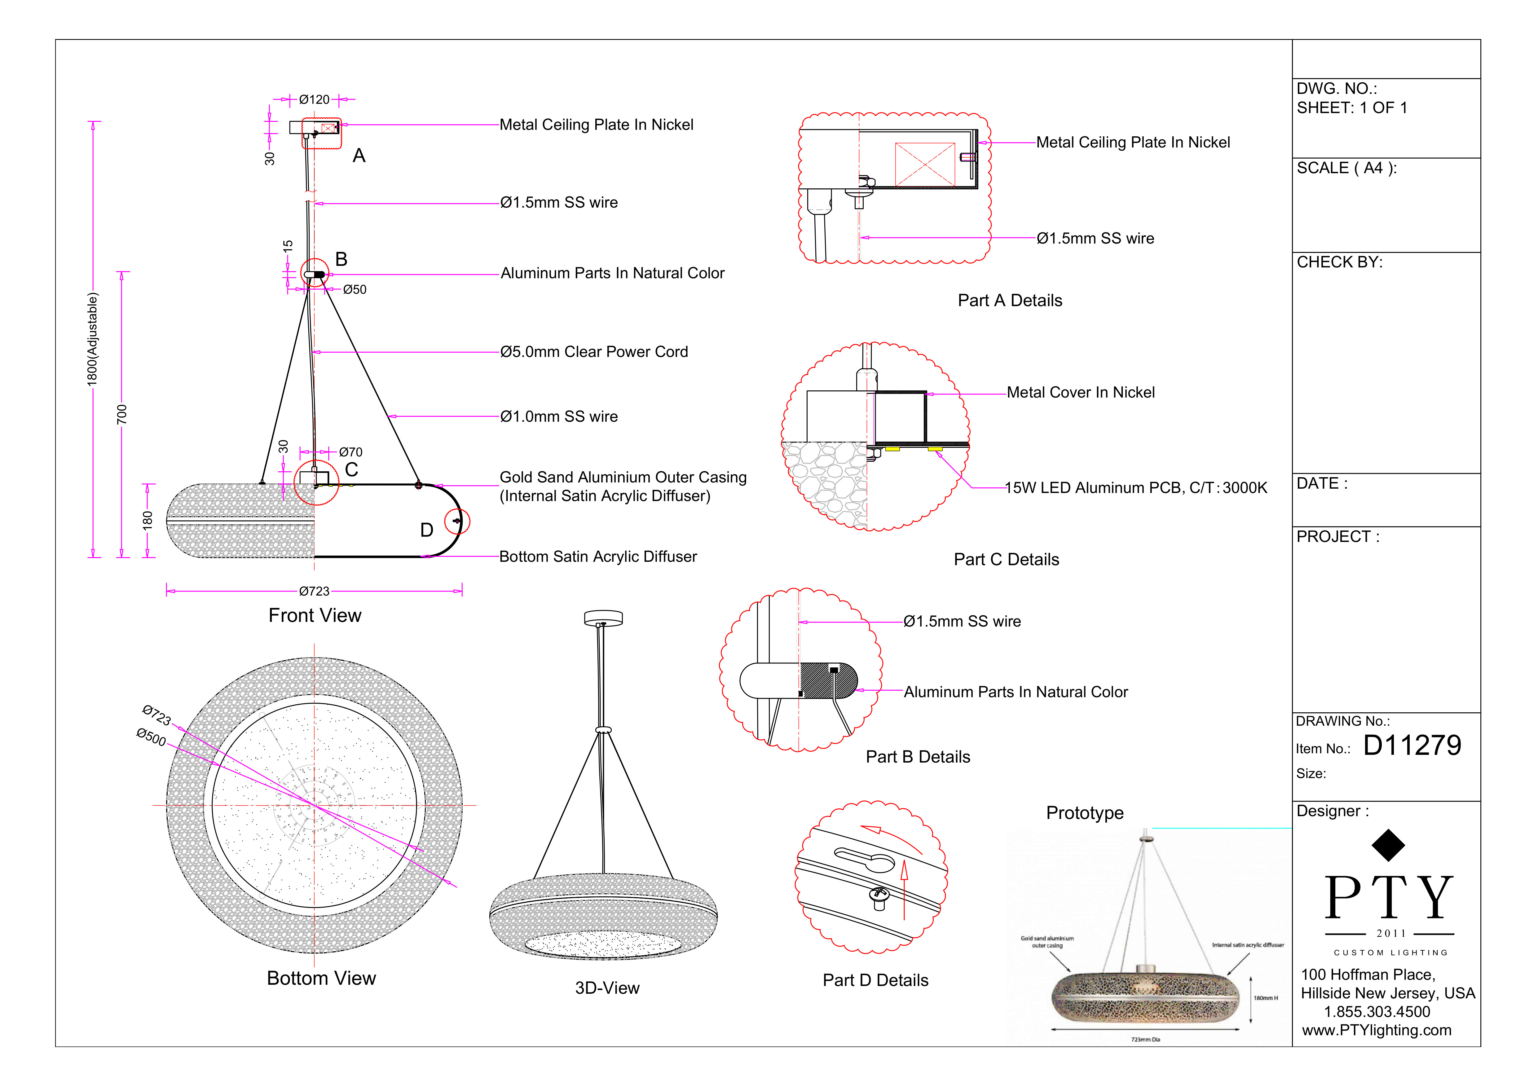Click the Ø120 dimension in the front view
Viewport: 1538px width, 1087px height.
314,100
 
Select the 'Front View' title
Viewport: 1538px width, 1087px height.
315,615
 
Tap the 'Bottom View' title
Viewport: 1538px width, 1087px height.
322,979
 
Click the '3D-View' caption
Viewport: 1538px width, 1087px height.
607,988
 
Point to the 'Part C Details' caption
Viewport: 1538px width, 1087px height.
1006,560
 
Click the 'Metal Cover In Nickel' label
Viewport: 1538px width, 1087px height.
1081,393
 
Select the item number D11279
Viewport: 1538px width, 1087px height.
1412,746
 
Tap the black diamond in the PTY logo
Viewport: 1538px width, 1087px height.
1388,845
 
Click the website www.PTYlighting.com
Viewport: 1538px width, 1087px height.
1377,1031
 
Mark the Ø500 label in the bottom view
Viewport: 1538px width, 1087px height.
152,737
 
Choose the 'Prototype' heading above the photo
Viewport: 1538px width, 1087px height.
1085,813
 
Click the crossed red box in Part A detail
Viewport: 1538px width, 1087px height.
924,164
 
